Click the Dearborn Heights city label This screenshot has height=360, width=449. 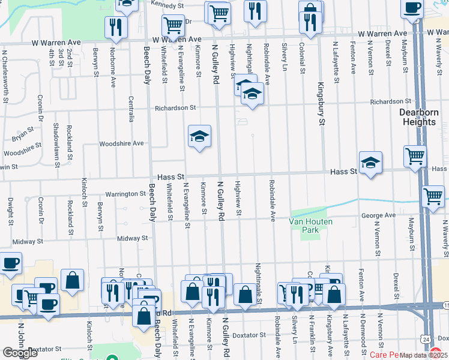[419, 117]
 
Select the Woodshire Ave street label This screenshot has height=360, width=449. [121, 143]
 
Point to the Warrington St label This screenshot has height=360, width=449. [126, 194]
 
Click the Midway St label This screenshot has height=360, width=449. [132, 238]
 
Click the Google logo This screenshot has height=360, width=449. [20, 353]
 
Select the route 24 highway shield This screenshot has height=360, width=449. [425, 340]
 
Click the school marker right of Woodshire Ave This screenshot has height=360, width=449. [199, 136]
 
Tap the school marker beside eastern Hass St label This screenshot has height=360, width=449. [370, 161]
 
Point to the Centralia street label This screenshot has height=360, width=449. [131, 108]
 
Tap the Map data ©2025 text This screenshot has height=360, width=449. [423, 355]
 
